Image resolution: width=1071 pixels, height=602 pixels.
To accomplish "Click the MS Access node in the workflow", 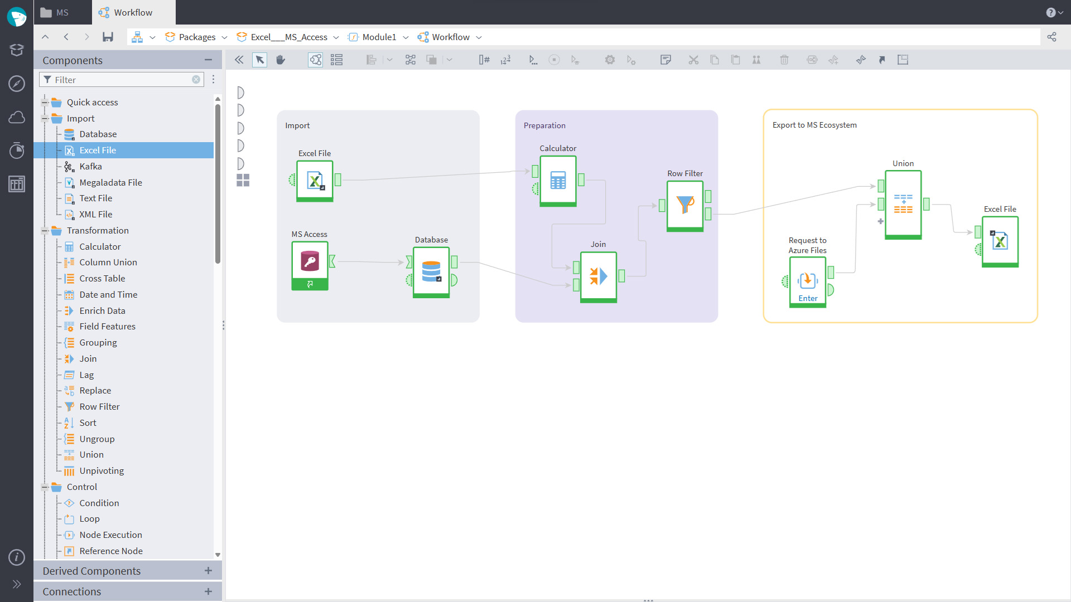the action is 310,265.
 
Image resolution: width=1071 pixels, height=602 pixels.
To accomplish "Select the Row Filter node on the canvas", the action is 685,206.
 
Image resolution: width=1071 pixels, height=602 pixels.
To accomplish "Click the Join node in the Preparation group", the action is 599,277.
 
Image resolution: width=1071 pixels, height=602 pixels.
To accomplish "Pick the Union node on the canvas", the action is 903,205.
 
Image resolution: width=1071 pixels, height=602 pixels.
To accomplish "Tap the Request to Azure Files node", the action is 808,281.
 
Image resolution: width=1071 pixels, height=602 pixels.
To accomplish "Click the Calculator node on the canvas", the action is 558,181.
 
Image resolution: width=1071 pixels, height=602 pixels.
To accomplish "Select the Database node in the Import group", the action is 431,273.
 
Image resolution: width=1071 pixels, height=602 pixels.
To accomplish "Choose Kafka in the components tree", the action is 90,166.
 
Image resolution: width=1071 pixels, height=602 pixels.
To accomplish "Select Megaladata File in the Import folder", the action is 110,182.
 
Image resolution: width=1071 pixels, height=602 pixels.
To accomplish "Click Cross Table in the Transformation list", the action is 102,278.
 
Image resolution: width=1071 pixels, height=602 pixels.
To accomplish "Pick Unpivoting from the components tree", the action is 102,470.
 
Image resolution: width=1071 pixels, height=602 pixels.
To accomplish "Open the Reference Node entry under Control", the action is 111,551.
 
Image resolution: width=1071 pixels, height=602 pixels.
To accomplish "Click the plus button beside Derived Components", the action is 208,570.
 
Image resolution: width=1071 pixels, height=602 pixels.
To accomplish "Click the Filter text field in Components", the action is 120,80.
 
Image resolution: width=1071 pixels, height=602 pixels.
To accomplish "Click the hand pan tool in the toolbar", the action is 281,60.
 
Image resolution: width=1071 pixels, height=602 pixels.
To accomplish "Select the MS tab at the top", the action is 55,12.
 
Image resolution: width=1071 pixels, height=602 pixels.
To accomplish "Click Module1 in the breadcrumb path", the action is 379,37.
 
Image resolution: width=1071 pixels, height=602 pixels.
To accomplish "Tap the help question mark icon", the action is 1051,12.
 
